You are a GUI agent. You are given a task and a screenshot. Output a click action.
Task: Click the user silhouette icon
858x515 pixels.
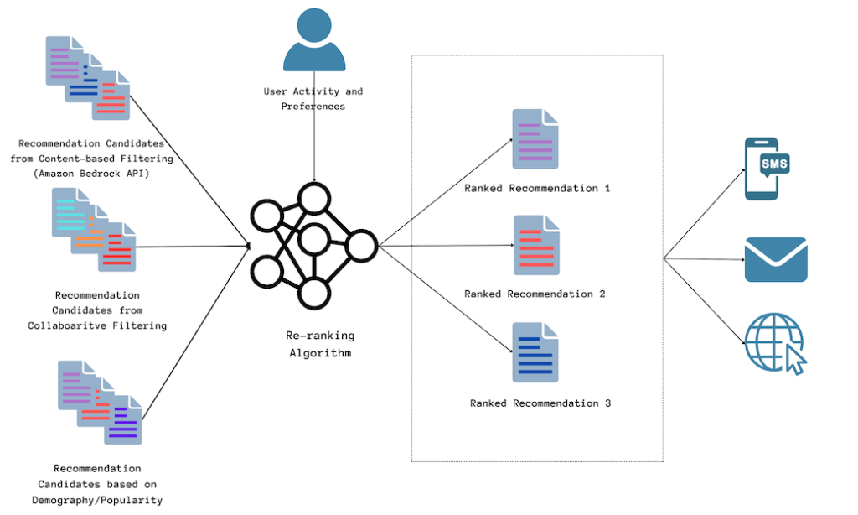point(314,41)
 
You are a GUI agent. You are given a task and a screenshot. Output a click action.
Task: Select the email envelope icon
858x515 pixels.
point(775,259)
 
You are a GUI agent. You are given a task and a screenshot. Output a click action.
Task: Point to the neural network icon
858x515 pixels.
point(313,244)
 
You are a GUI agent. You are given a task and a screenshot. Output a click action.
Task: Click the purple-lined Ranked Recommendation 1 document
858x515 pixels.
point(535,140)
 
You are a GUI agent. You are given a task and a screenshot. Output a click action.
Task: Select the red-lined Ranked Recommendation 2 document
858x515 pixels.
point(535,246)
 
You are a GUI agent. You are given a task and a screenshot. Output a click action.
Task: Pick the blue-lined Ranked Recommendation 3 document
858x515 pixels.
point(535,352)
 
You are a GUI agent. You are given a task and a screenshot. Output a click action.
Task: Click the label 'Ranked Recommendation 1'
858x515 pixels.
point(537,188)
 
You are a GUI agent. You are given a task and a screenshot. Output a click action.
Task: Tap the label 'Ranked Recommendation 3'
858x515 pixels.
point(540,403)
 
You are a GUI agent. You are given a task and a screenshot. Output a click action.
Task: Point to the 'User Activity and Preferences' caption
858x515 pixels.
point(313,99)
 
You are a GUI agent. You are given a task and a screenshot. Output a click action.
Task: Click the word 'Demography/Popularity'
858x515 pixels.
point(97,500)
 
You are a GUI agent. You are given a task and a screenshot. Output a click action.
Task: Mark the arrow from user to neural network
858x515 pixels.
point(314,147)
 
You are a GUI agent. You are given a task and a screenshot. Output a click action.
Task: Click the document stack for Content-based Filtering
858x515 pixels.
point(87,76)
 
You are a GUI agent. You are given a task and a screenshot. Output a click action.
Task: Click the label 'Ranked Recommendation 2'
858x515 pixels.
point(535,294)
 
